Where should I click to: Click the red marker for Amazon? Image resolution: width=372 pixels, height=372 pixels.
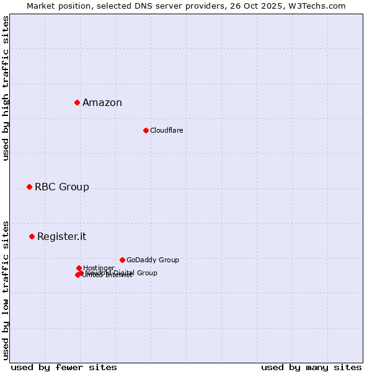tap(77, 102)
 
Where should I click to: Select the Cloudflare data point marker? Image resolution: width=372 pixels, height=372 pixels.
tap(146, 130)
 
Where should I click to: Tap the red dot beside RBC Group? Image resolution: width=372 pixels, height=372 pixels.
tap(29, 187)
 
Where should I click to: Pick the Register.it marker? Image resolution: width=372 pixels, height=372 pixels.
tap(32, 236)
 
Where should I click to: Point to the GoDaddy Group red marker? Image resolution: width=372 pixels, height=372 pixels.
tap(122, 260)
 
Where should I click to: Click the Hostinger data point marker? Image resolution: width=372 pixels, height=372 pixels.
tap(79, 268)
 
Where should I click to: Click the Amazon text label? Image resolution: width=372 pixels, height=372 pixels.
tap(102, 103)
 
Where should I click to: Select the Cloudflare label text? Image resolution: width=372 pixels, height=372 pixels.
tap(166, 130)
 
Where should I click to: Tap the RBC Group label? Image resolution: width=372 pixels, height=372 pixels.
tap(62, 187)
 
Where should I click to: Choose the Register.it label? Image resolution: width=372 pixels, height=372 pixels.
tap(62, 237)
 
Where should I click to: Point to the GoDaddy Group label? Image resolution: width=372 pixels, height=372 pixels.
tap(153, 260)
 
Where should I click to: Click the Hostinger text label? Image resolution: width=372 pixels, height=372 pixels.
tap(99, 268)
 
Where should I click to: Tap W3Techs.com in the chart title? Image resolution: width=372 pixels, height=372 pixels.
tap(319, 6)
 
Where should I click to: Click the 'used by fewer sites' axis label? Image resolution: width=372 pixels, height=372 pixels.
tap(64, 367)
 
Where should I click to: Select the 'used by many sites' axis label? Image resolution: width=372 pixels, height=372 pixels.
tap(311, 367)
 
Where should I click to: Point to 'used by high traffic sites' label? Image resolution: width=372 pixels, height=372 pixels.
tap(6, 88)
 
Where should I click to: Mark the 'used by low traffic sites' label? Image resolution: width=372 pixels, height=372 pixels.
tap(6, 290)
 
